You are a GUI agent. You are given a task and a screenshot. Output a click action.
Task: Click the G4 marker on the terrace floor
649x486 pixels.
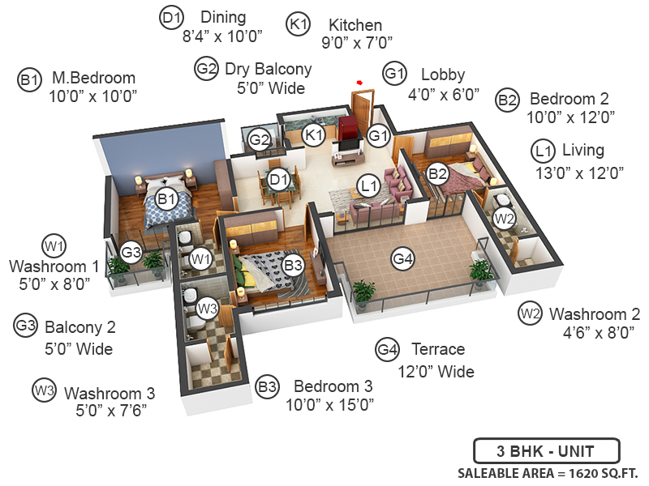pos(403,259)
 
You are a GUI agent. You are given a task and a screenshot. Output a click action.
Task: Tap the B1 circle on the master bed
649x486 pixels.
pos(166,197)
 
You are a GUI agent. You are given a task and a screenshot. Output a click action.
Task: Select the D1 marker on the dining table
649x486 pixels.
pos(278,179)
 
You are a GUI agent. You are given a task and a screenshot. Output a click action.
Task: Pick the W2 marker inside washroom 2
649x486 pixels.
pos(505,217)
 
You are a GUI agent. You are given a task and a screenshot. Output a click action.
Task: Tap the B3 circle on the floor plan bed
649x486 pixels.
pos(294,263)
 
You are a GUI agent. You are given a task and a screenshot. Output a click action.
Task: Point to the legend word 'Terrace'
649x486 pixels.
pos(437,349)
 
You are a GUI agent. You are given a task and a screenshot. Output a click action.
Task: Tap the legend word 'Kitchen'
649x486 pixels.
pos(355,25)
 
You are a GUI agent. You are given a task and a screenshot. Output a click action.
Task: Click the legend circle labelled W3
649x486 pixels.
pos(44,390)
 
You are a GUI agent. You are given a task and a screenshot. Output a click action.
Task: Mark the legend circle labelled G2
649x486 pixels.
pos(206,69)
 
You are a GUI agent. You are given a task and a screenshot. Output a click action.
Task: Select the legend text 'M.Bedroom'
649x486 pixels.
pos(93,79)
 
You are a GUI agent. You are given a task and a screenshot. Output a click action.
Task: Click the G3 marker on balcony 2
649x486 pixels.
pos(132,252)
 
